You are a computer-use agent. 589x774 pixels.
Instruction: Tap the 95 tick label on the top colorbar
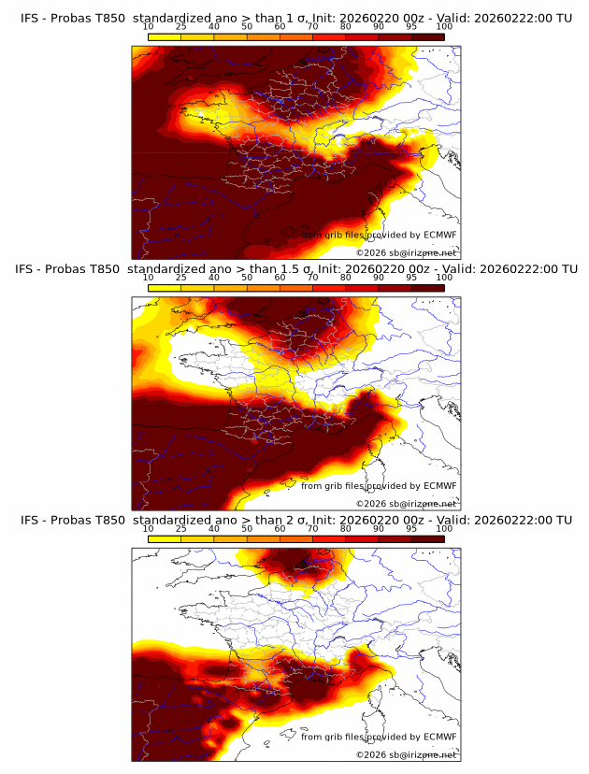[x=411, y=27]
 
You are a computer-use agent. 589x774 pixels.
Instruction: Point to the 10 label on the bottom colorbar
[x=149, y=529]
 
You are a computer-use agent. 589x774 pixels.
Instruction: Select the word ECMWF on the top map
[x=439, y=235]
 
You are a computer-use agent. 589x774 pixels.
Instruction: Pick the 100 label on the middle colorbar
[x=444, y=278]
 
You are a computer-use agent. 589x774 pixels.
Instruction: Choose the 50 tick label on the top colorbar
[x=247, y=27]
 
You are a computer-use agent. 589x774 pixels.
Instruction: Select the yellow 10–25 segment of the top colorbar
[x=165, y=36]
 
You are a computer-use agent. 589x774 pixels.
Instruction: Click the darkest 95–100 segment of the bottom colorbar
[x=428, y=537]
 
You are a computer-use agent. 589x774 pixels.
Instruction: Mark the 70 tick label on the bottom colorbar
[x=313, y=529]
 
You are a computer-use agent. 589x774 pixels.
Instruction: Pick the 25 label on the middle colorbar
[x=181, y=278]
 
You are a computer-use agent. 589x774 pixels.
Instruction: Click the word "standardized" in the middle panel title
[x=170, y=269]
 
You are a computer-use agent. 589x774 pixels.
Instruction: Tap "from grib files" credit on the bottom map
[x=332, y=737]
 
